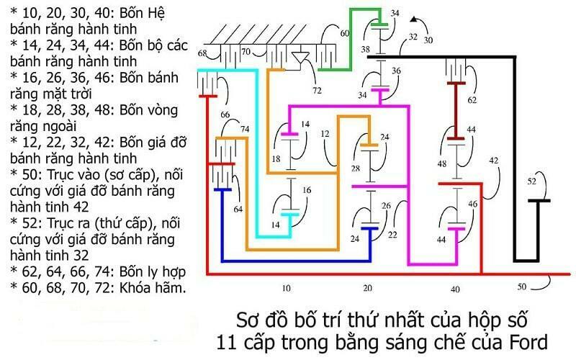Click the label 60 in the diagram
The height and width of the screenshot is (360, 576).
pos(344,33)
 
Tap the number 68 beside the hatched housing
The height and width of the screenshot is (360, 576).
pos(202,54)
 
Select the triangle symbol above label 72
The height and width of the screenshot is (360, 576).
pos(301,58)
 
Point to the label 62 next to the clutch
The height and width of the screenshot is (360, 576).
pos(472,100)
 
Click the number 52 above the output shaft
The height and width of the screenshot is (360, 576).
pos(533,181)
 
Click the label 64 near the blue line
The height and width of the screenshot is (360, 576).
pos(238,210)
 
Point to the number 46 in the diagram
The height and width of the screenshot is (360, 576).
pos(472,204)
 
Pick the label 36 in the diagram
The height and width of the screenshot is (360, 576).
pos(395,71)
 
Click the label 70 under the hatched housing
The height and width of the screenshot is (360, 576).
pos(246,51)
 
